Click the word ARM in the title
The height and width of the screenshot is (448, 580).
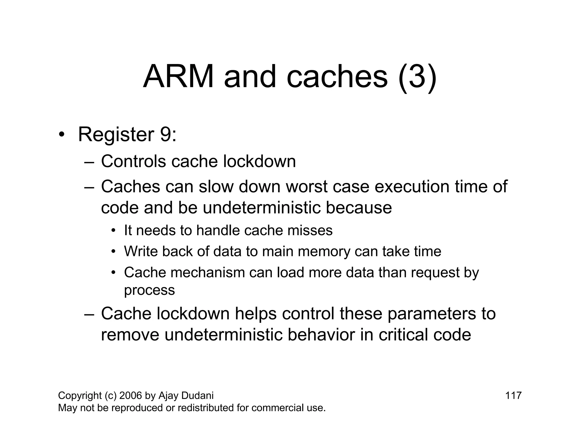pos(178,77)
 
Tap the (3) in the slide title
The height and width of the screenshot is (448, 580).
pos(417,77)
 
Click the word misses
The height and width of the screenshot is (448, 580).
pos(310,230)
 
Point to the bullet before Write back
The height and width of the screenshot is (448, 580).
pos(114,251)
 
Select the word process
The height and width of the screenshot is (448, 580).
pos(150,290)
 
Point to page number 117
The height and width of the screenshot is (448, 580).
pos(513,395)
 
